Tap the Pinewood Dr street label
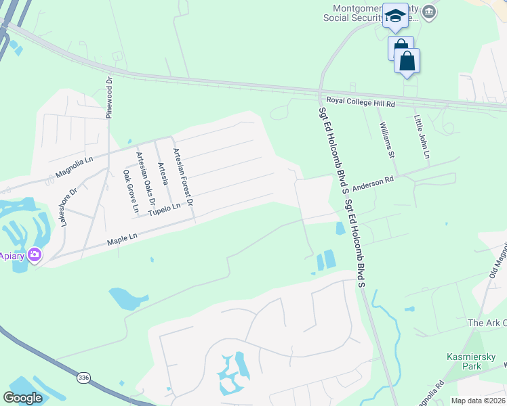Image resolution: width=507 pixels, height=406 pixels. point(108,97)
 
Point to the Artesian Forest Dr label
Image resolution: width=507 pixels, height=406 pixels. point(184,177)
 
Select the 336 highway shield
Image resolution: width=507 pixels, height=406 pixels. point(83,377)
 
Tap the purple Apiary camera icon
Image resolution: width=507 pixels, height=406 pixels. point(34,256)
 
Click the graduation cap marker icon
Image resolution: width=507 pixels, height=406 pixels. point(394,16)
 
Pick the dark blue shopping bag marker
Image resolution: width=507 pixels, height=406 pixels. point(407,61)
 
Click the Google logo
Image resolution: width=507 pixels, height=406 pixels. point(22,398)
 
